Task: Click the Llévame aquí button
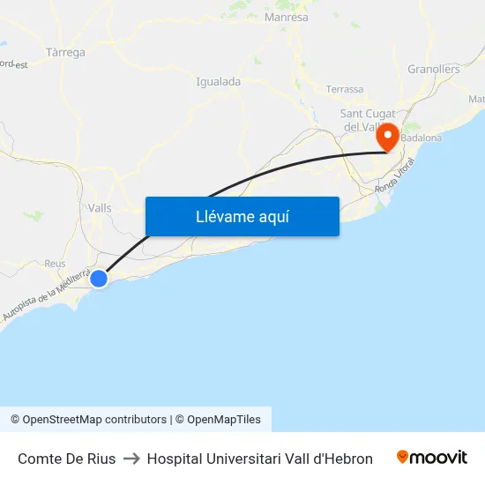pyautogui.click(x=242, y=216)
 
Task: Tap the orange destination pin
pyautogui.click(x=386, y=138)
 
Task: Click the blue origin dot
pyautogui.click(x=99, y=279)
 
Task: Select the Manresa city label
pyautogui.click(x=287, y=17)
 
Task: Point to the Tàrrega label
pyautogui.click(x=65, y=52)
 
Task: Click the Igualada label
pyautogui.click(x=218, y=82)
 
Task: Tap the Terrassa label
pyautogui.click(x=345, y=89)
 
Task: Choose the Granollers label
pyautogui.click(x=434, y=69)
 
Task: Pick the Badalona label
pyautogui.click(x=422, y=138)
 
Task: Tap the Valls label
pyautogui.click(x=100, y=207)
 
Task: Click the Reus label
pyautogui.click(x=55, y=264)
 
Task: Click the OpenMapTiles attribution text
pyautogui.click(x=224, y=420)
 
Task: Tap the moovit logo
pyautogui.click(x=432, y=458)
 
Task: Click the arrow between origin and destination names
pyautogui.click(x=131, y=459)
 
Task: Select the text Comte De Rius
pyautogui.click(x=66, y=459)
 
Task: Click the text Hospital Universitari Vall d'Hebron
pyautogui.click(x=260, y=459)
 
